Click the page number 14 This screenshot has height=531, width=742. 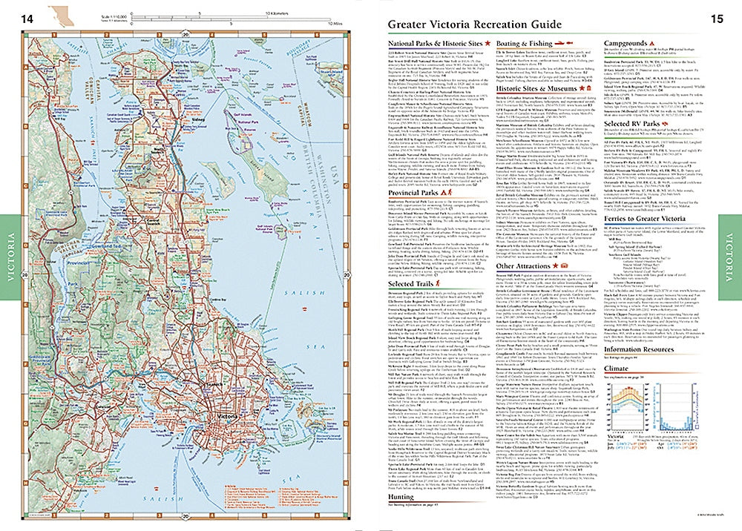(27, 17)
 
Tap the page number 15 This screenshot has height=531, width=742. (716, 17)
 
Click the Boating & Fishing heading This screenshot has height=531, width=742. (523, 44)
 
